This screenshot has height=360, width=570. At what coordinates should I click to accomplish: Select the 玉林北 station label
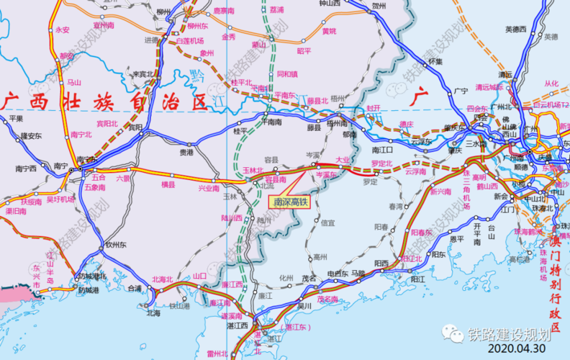254,170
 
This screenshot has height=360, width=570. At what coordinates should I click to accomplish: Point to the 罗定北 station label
381,163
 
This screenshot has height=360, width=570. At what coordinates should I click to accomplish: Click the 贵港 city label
186,152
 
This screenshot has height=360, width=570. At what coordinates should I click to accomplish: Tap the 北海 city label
153,313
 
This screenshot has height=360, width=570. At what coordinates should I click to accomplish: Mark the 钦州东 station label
114,245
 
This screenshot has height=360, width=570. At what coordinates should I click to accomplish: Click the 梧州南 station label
337,123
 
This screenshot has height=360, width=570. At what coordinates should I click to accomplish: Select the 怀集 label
435,62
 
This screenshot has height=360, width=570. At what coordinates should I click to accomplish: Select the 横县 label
168,185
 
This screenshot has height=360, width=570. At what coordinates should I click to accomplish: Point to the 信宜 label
327,222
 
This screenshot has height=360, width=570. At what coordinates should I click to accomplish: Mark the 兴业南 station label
209,188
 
